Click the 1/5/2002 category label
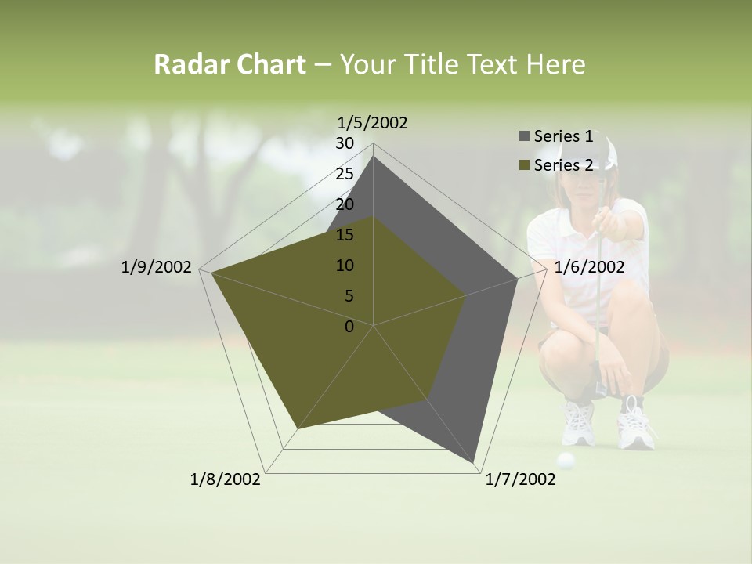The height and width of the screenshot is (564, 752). click(x=373, y=123)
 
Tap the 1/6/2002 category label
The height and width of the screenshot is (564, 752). click(x=589, y=267)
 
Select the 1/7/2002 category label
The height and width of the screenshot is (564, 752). click(x=520, y=479)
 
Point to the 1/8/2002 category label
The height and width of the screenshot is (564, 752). click(x=226, y=479)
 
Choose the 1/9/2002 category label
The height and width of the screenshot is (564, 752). click(x=157, y=267)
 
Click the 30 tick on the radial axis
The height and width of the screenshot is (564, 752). click(x=345, y=143)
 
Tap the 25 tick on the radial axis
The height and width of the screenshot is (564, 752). click(x=345, y=174)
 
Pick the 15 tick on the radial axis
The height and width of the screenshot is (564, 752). click(x=345, y=235)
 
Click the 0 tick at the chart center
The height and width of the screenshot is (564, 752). click(x=349, y=327)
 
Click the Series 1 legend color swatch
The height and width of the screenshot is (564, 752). click(x=524, y=137)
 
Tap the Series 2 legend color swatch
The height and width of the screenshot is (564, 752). click(x=524, y=165)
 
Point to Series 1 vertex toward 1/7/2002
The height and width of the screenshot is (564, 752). click(x=474, y=463)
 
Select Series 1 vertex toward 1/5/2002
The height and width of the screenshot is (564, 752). click(x=374, y=157)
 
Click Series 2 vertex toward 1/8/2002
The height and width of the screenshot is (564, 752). click(x=298, y=429)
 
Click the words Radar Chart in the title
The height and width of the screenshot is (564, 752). click(x=230, y=65)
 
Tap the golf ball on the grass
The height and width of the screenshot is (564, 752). click(x=566, y=461)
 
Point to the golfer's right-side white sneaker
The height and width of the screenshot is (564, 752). click(x=635, y=427)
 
